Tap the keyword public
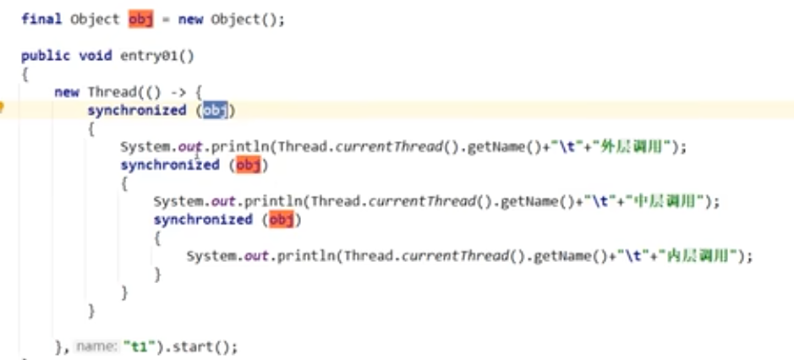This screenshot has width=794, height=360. point(45,55)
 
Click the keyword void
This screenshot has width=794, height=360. point(95,55)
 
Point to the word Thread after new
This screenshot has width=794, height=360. point(111,92)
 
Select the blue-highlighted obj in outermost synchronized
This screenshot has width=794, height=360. point(215,110)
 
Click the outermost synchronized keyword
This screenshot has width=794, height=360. point(136,110)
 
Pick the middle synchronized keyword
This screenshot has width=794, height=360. point(169,165)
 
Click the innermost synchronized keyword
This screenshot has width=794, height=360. point(203,220)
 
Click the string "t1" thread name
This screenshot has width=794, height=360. point(135,347)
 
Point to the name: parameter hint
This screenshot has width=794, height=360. point(96,347)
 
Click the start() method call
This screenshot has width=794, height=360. point(201,347)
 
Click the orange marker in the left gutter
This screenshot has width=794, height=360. point(3,107)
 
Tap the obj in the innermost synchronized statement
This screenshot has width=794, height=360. point(282,220)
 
